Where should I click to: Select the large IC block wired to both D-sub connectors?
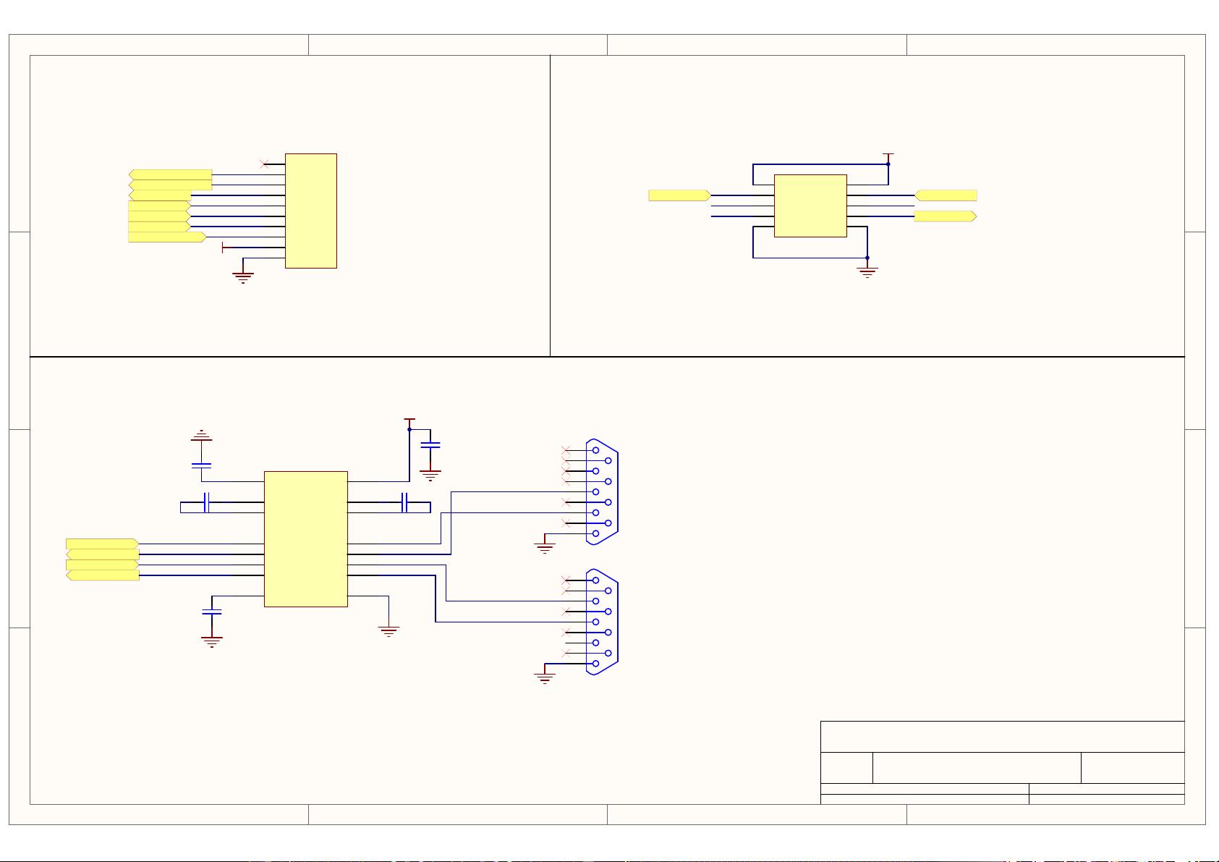point(306,539)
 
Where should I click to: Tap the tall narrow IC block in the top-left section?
point(311,211)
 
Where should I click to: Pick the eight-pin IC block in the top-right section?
point(810,206)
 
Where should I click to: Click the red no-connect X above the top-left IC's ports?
point(264,164)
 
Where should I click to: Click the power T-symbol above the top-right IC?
point(888,155)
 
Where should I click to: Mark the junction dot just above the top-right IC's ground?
point(867,258)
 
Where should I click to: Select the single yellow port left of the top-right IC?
point(679,195)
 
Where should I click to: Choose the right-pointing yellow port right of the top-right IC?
point(945,216)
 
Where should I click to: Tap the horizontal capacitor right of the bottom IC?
point(405,502)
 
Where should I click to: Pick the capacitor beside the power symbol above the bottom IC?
point(430,446)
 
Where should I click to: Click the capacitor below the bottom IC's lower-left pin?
point(212,612)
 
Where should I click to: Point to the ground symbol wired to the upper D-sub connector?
point(545,548)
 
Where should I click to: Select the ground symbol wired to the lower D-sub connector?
point(545,677)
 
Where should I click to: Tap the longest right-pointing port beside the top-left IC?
point(167,237)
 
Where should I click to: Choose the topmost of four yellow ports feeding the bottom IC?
point(102,544)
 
